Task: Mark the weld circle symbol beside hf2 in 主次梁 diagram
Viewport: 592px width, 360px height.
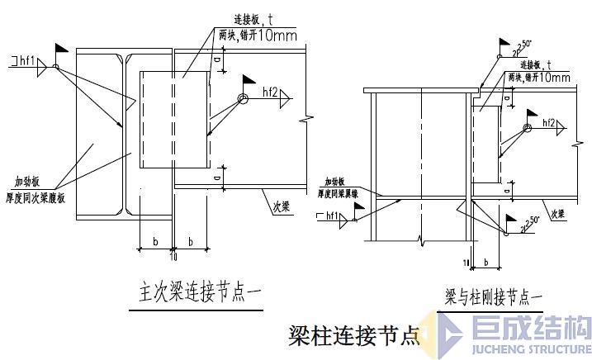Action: coord(243,98)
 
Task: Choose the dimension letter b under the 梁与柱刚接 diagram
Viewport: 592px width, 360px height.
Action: coord(485,262)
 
